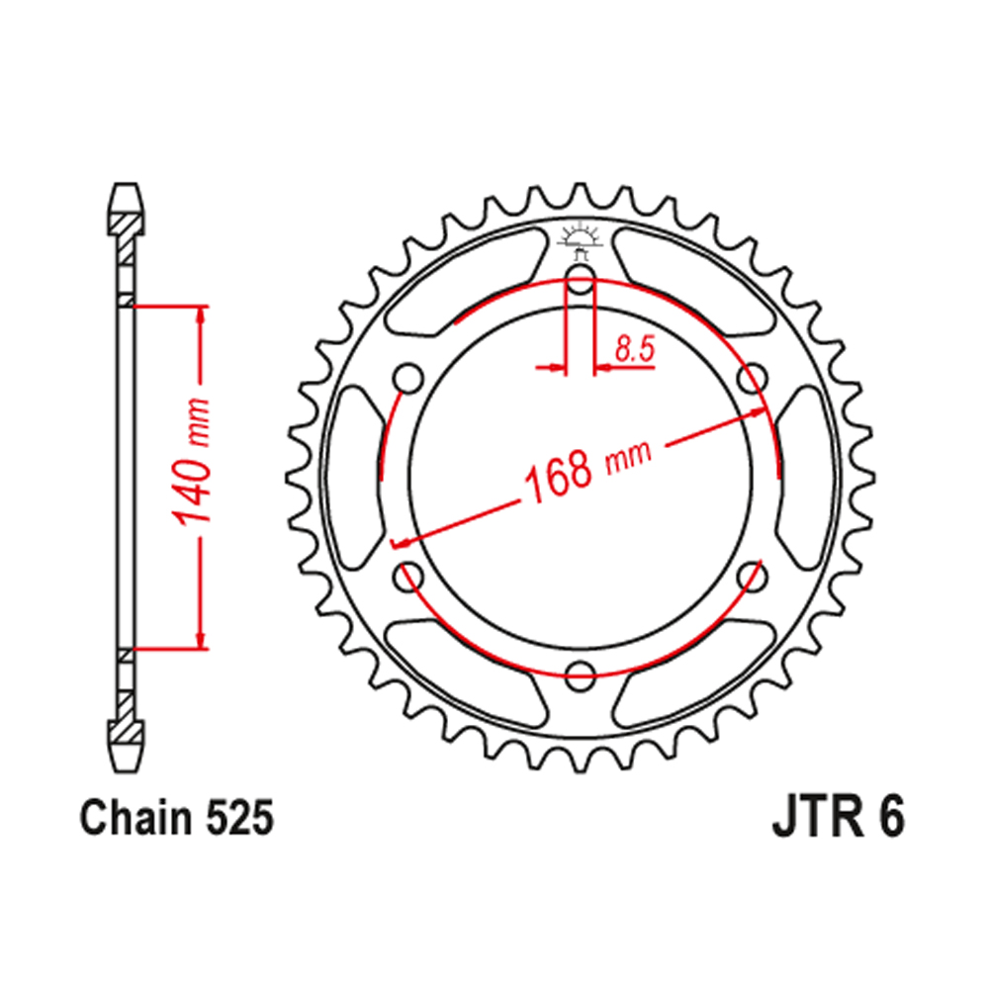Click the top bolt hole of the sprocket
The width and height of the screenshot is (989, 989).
click(580, 283)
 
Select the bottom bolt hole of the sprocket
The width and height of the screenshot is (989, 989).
click(581, 675)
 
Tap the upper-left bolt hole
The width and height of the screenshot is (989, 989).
click(406, 378)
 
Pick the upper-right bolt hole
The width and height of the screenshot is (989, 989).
click(754, 378)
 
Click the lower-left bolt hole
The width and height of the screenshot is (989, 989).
click(406, 577)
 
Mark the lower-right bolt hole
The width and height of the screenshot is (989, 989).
click(754, 577)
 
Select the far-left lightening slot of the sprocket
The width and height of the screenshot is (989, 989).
click(352, 479)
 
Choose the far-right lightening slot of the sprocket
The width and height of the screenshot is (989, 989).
click(807, 479)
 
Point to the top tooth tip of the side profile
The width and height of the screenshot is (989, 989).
click(126, 190)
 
